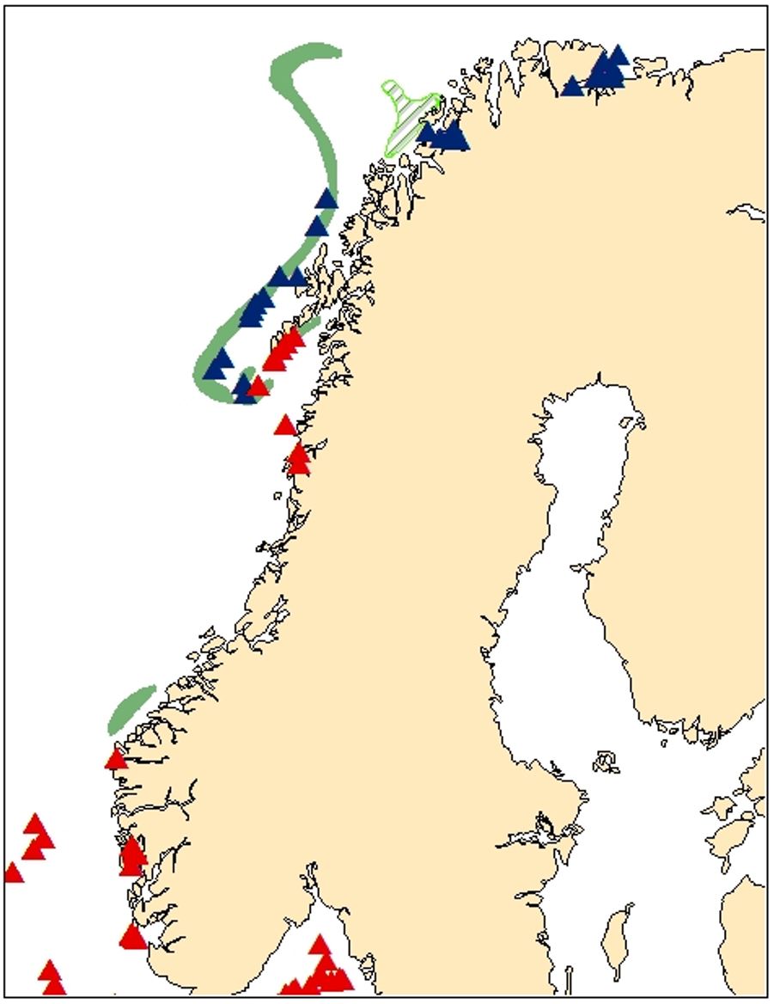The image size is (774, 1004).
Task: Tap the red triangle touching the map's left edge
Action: (13, 873)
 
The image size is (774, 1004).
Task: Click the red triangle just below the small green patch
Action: (116, 759)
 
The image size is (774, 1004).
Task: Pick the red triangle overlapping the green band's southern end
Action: (258, 388)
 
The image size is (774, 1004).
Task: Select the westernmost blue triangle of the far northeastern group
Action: (572, 87)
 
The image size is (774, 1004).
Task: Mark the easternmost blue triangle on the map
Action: (618, 56)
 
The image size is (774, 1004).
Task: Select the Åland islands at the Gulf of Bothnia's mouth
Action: (606, 762)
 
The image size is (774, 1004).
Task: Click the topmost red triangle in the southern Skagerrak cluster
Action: (320, 946)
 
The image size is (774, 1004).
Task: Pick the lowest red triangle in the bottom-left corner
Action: (53, 987)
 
